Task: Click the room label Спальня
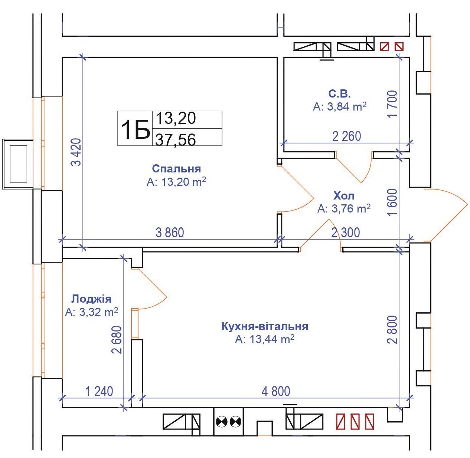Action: [176, 169]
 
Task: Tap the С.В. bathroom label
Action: [339, 93]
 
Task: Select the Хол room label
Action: [344, 196]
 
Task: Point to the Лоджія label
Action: [91, 299]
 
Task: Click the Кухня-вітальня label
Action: [265, 326]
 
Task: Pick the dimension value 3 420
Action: [76, 152]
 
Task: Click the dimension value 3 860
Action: [170, 233]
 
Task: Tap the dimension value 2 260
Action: [347, 136]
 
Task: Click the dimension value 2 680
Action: [117, 340]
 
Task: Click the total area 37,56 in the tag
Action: [175, 140]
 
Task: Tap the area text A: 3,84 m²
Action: [340, 106]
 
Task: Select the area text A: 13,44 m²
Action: [265, 339]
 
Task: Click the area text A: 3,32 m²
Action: [92, 312]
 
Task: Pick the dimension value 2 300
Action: [345, 233]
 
